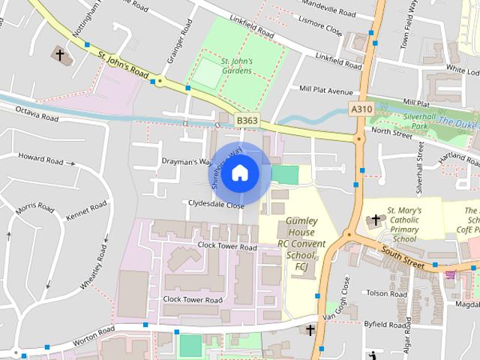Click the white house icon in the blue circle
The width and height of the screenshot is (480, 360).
(x=239, y=173)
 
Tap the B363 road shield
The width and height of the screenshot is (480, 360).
(x=247, y=120)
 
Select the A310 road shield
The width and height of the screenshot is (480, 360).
(x=361, y=109)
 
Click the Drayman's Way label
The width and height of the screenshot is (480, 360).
(x=183, y=161)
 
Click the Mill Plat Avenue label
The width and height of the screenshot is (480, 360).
(x=325, y=91)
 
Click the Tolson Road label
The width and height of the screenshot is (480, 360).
(x=384, y=293)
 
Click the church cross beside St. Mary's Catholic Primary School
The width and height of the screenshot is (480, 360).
(x=375, y=220)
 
